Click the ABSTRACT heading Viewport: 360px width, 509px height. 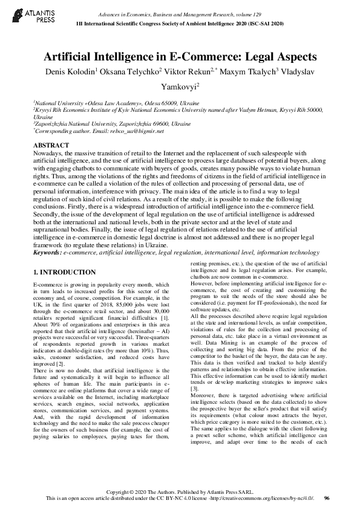click(x=51, y=146)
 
